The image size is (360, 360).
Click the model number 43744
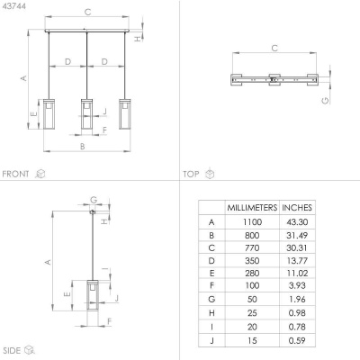(x=13, y=6)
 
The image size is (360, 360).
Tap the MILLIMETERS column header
(x=252, y=208)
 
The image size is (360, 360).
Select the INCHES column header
(x=297, y=208)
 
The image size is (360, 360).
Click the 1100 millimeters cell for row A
(x=252, y=222)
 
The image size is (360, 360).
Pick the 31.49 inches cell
(x=297, y=235)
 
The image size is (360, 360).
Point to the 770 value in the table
(x=252, y=247)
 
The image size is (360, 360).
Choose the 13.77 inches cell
(x=297, y=260)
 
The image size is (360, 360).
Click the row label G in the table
(x=211, y=299)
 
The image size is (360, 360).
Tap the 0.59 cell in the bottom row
(x=297, y=340)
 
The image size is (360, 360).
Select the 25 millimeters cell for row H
(x=252, y=313)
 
